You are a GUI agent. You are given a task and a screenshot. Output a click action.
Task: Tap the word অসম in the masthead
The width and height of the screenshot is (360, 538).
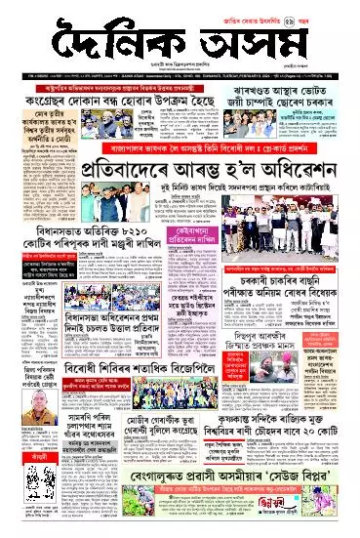coord(251,44)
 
